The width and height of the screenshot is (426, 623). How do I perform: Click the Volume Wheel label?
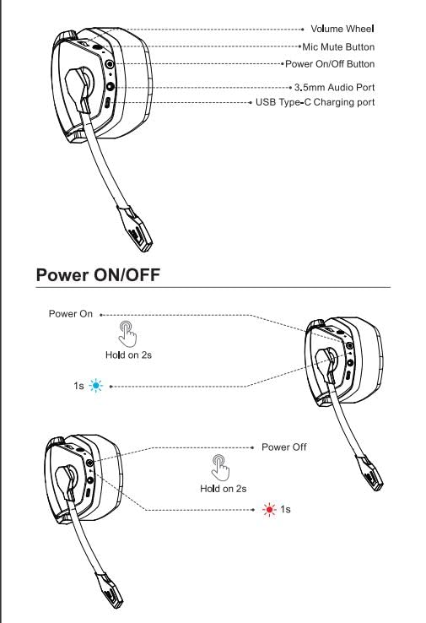click(342, 30)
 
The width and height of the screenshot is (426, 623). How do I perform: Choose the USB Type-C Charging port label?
click(315, 102)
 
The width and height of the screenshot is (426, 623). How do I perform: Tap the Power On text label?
click(70, 314)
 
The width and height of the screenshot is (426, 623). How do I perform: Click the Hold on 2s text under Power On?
click(128, 355)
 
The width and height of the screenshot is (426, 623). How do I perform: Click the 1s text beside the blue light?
click(78, 387)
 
